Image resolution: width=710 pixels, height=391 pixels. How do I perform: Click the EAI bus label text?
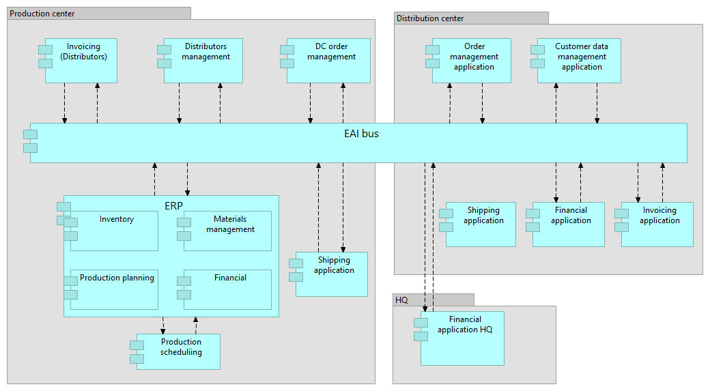click(361, 134)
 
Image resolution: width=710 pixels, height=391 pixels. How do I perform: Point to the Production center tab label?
click(42, 14)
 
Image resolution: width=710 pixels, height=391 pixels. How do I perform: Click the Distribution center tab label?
click(430, 18)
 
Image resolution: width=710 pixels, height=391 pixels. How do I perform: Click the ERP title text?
click(173, 205)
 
